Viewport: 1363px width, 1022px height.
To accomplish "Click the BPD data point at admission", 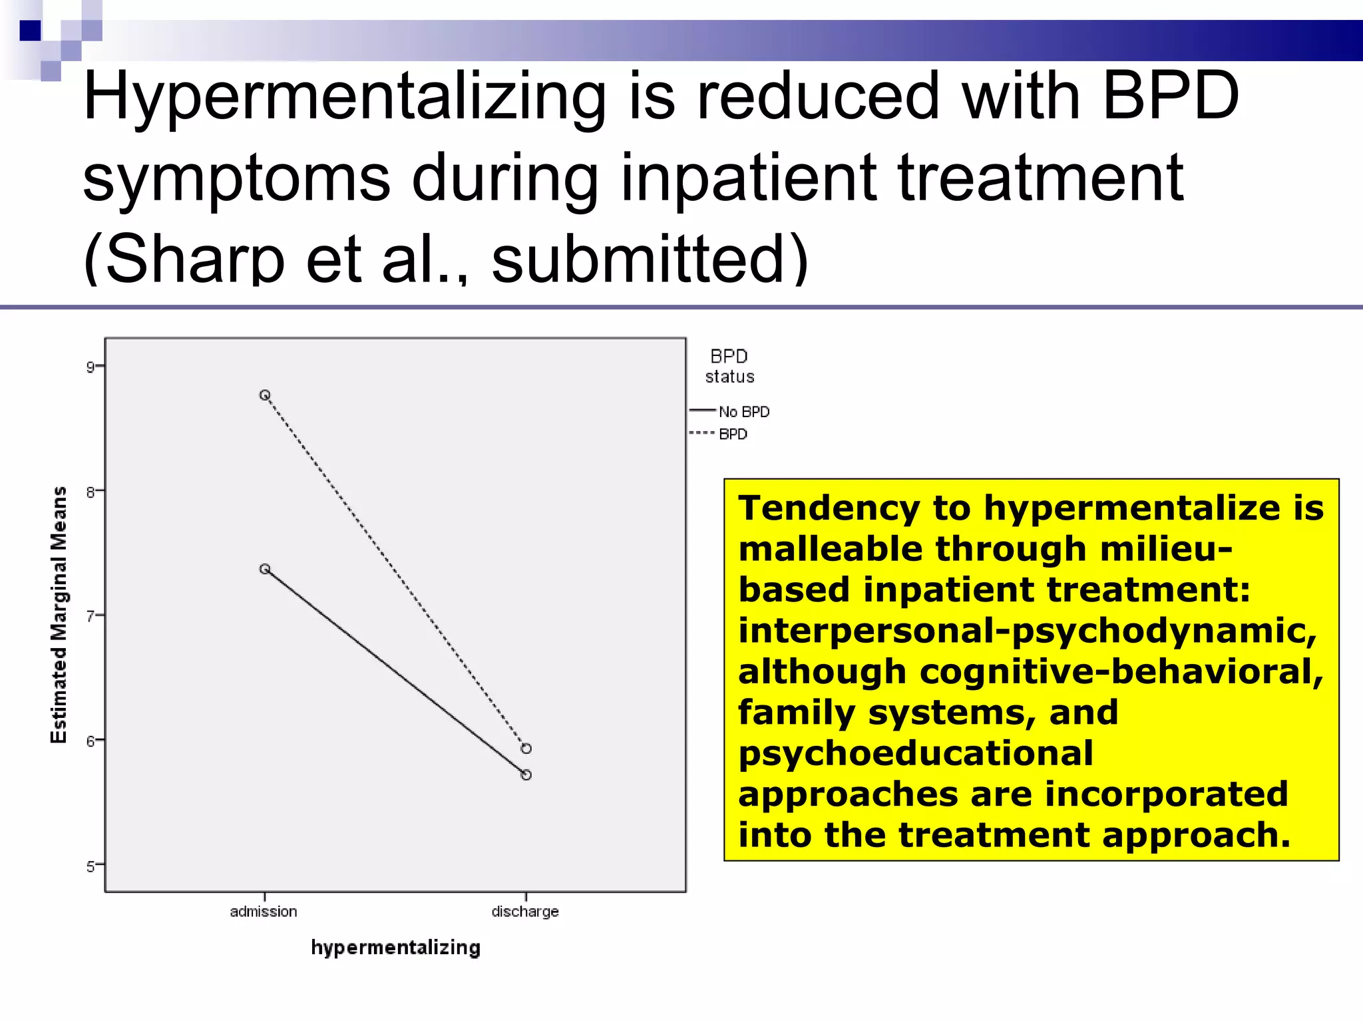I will pyautogui.click(x=265, y=395).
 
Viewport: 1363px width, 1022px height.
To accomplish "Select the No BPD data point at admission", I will pyautogui.click(x=265, y=569).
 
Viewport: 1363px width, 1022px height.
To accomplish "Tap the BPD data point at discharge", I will pyautogui.click(x=526, y=749).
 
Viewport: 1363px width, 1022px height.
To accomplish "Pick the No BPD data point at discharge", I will pyautogui.click(x=526, y=775).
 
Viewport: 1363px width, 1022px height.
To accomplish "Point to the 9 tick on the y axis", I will pyautogui.click(x=90, y=367).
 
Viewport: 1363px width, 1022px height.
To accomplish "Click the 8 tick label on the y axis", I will pyautogui.click(x=90, y=492).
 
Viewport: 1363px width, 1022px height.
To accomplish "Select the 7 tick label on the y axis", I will pyautogui.click(x=90, y=616).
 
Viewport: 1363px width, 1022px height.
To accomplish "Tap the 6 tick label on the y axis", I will pyautogui.click(x=90, y=741).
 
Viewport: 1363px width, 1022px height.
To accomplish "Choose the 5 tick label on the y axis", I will pyautogui.click(x=90, y=866).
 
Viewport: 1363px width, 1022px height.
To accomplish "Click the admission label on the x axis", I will pyautogui.click(x=264, y=912).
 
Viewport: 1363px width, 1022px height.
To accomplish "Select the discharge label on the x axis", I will pyautogui.click(x=525, y=912).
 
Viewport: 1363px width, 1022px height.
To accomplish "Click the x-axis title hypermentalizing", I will pyautogui.click(x=395, y=947).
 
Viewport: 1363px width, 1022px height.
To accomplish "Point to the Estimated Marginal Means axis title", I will pyautogui.click(x=59, y=615).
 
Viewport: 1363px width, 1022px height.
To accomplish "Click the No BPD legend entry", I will pyautogui.click(x=743, y=412).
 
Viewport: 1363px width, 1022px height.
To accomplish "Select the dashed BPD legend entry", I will pyautogui.click(x=733, y=434).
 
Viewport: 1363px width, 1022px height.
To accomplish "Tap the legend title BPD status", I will pyautogui.click(x=729, y=366).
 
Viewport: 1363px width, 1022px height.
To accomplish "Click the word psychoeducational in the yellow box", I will pyautogui.click(x=915, y=754).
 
